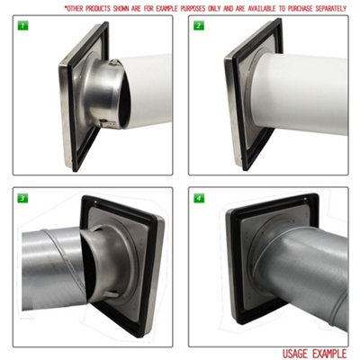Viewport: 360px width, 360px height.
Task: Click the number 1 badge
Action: pos(20,25)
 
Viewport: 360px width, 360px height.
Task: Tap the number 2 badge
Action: pos(197,25)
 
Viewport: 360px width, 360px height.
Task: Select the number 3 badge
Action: pos(20,196)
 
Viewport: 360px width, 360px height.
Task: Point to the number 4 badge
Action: pos(197,196)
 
